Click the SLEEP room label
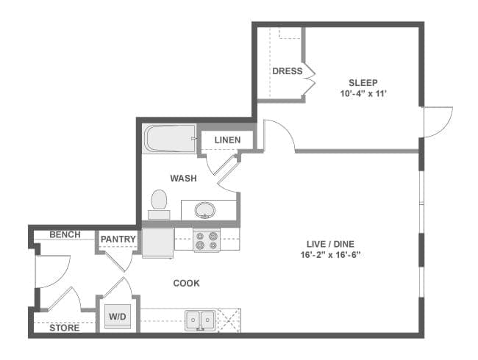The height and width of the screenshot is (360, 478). (363, 83)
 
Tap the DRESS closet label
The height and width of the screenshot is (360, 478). (288, 71)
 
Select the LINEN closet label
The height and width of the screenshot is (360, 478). (227, 140)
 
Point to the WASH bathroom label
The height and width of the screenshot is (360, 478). (183, 179)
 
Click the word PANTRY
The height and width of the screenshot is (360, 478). (118, 240)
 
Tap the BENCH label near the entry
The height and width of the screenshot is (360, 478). (65, 234)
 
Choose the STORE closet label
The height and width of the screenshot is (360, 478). (64, 328)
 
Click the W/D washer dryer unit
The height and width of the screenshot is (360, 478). (118, 317)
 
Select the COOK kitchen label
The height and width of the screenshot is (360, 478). (186, 284)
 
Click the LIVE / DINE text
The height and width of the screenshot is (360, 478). (330, 244)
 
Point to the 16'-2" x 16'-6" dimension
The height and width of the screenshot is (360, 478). (330, 255)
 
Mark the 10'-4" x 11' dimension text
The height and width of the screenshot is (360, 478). (363, 93)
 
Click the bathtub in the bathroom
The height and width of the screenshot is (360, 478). (169, 139)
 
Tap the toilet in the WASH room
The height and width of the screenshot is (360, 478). (159, 204)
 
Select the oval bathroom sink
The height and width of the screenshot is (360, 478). (205, 210)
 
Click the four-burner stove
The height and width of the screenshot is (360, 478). (207, 240)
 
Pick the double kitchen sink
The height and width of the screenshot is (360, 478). (200, 320)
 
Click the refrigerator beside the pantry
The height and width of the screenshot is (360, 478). (158, 243)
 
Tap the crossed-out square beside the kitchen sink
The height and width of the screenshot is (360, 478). (229, 320)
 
